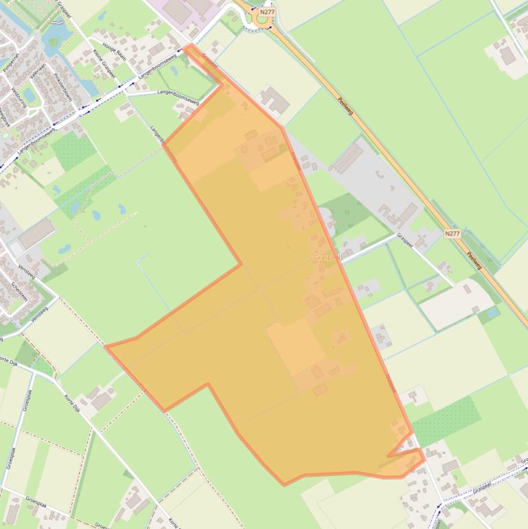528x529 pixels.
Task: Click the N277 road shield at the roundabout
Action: point(266,12)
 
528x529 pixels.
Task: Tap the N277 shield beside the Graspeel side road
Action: point(452,234)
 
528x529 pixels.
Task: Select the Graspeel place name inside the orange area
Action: point(327,257)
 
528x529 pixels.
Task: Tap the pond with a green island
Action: point(52,43)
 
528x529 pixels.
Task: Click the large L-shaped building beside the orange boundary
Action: point(274,100)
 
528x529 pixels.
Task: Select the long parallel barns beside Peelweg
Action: point(347,158)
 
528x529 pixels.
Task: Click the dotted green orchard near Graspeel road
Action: point(446,420)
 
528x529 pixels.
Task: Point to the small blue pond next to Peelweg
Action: point(491,313)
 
